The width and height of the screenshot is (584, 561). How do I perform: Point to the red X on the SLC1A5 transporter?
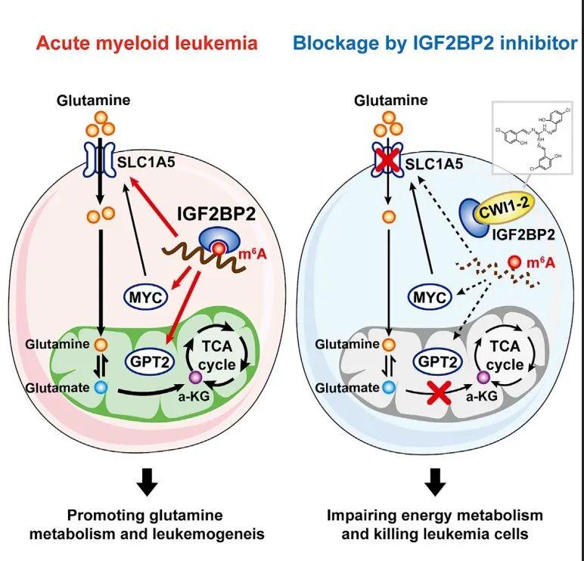tap(390, 159)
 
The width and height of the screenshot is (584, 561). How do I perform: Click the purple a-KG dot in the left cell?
tap(195, 377)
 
